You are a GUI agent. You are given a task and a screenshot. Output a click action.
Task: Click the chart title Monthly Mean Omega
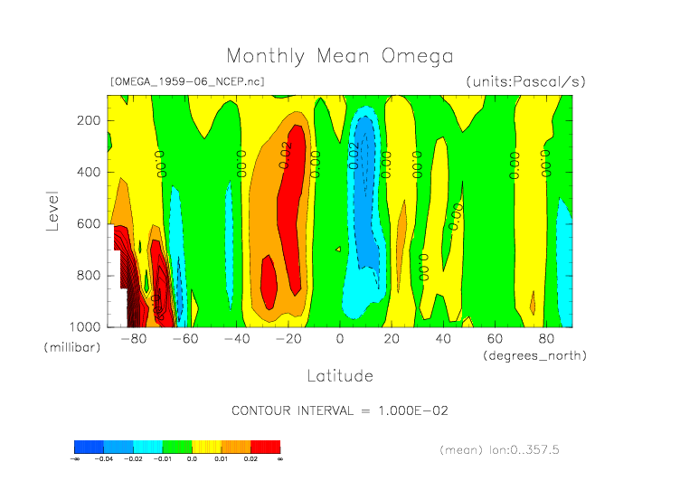(x=339, y=57)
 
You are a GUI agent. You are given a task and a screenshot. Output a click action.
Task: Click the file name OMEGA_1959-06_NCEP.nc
(x=187, y=81)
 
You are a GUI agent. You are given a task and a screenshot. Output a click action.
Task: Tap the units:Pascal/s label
(x=525, y=81)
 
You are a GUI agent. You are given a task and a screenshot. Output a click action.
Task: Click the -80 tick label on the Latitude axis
(x=133, y=340)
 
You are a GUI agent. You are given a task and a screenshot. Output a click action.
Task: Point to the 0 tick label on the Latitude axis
(x=340, y=340)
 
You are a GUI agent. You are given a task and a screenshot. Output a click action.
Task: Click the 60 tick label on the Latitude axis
(x=495, y=340)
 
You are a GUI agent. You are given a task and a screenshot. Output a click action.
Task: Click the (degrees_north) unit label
(x=534, y=355)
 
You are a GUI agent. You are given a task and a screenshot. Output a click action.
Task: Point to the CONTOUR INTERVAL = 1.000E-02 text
(x=340, y=410)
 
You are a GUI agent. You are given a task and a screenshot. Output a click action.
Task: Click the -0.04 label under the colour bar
(x=104, y=459)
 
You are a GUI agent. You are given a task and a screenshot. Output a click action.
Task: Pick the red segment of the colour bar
(x=265, y=447)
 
